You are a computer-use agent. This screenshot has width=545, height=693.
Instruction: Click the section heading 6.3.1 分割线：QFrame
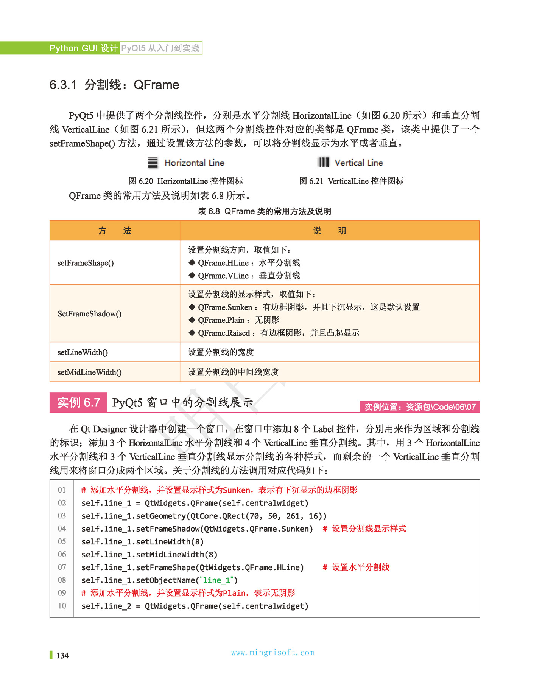pyautogui.click(x=114, y=85)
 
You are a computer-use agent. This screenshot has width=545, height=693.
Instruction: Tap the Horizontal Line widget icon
pyautogui.click(x=153, y=163)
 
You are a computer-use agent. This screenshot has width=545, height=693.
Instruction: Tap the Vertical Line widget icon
pyautogui.click(x=323, y=163)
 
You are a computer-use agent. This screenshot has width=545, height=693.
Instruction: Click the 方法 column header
pyautogui.click(x=115, y=231)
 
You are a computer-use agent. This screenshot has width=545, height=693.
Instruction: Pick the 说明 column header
pyautogui.click(x=329, y=231)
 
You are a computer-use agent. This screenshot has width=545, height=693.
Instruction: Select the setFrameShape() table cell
pyautogui.click(x=86, y=263)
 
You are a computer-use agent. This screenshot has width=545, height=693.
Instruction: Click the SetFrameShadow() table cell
pyautogui.click(x=89, y=314)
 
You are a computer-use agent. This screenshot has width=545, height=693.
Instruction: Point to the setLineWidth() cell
pyautogui.click(x=83, y=352)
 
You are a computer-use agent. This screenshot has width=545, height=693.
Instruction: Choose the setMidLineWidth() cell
pyautogui.click(x=89, y=372)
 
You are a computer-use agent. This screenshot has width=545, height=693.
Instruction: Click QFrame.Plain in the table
pyautogui.click(x=221, y=320)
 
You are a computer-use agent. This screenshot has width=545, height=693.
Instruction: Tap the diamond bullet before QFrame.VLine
pyautogui.click(x=192, y=276)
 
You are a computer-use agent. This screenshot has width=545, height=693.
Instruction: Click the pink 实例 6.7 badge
pyautogui.click(x=78, y=403)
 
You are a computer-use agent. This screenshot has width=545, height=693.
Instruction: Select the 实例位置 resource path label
pyautogui.click(x=420, y=407)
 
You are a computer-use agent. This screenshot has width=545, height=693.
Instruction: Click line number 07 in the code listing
pyautogui.click(x=62, y=567)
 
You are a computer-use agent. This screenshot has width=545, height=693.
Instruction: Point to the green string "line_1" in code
pyautogui.click(x=218, y=580)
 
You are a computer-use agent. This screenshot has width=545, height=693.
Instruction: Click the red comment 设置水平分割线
pyautogui.click(x=360, y=567)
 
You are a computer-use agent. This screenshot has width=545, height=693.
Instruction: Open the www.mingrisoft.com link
pyautogui.click(x=272, y=653)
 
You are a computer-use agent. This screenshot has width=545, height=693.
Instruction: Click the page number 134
pyautogui.click(x=62, y=656)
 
